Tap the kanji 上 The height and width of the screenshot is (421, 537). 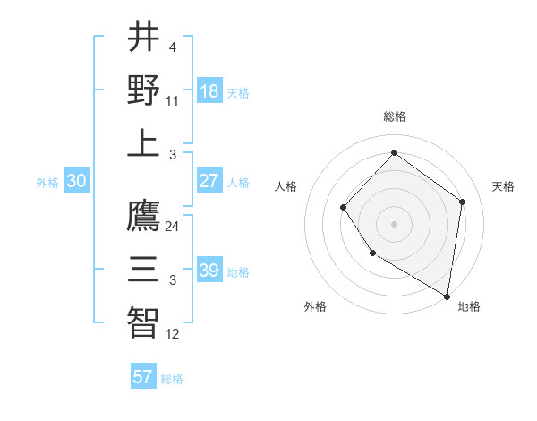point(143,143)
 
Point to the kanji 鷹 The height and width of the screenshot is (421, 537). point(143,215)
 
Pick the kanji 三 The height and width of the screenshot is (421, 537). point(143,269)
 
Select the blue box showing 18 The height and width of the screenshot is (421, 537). point(209,91)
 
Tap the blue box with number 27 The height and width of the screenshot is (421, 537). point(209,181)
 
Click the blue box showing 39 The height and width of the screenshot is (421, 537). point(209,271)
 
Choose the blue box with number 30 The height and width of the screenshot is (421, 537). point(76,181)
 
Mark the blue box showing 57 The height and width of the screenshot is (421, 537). point(143,377)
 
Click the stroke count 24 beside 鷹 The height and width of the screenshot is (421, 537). point(172,227)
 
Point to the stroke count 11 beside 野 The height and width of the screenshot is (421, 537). point(172,100)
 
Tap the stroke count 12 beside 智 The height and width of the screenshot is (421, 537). point(172,334)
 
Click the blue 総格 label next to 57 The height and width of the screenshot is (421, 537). point(172,378)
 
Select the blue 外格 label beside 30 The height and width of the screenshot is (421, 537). point(47,182)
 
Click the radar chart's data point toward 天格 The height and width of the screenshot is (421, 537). point(462,202)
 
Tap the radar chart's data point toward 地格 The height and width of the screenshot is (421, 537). point(447,296)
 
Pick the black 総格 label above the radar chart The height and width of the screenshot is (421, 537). point(394,116)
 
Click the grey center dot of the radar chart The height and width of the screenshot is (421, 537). point(394,223)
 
